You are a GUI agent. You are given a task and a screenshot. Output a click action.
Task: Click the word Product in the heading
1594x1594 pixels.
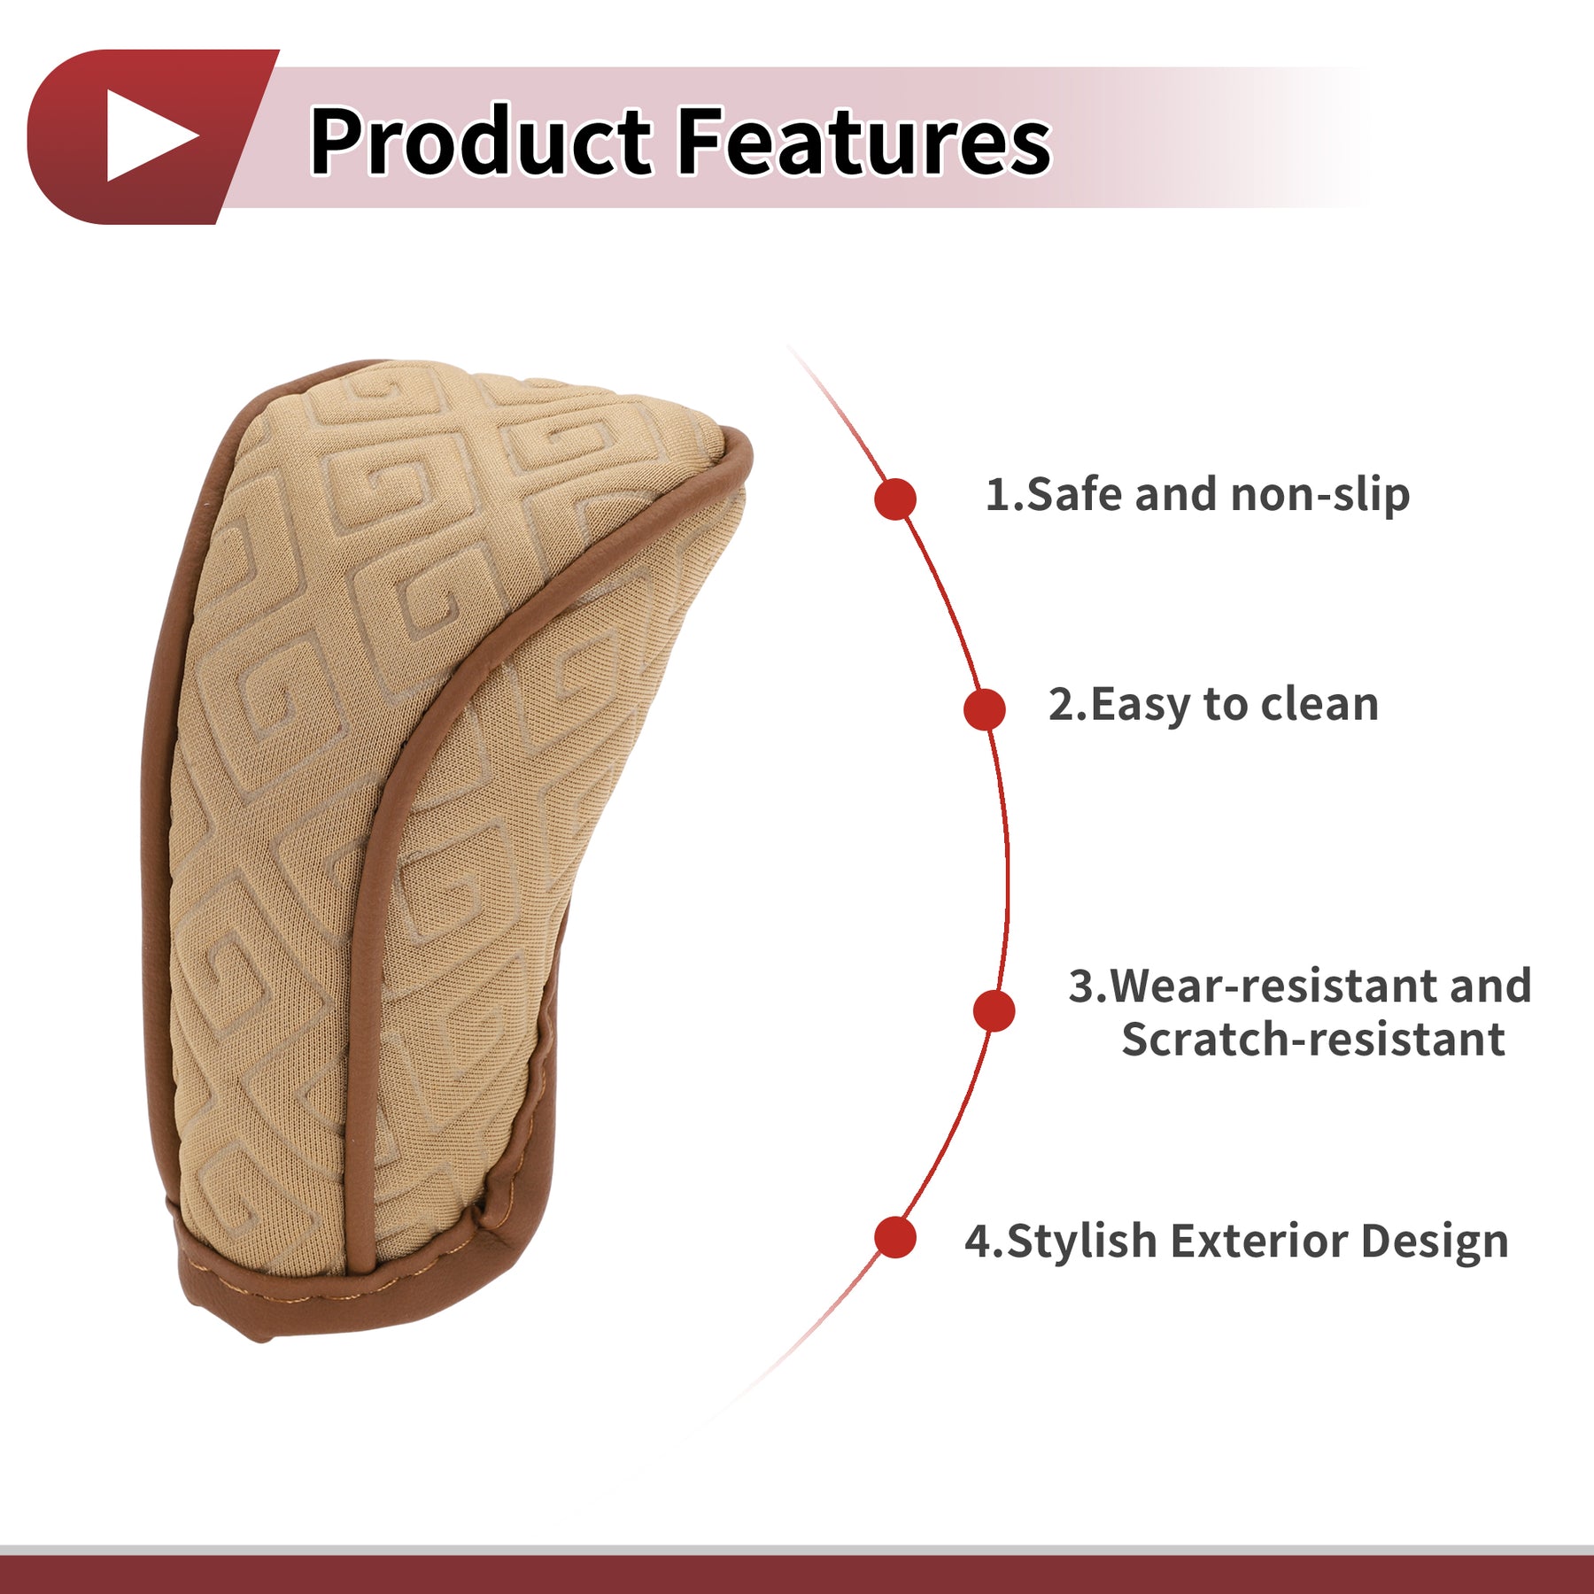481,140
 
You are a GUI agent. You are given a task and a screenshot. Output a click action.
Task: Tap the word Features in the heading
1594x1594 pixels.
864,140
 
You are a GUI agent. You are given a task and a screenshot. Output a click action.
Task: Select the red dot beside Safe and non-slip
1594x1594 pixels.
895,499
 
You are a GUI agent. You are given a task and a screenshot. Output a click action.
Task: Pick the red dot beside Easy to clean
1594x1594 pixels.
984,709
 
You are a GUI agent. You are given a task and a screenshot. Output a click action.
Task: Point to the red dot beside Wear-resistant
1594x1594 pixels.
994,1010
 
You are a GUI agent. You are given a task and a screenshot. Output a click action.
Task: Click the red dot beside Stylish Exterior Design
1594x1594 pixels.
895,1237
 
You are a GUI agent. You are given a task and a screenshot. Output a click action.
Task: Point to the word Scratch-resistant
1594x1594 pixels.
1312,1039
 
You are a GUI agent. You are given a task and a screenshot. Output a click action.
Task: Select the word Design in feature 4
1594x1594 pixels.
1435,1242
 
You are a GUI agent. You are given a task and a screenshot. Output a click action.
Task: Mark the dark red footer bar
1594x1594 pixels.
797,1575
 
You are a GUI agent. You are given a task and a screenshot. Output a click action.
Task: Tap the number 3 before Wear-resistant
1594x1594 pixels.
1081,987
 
